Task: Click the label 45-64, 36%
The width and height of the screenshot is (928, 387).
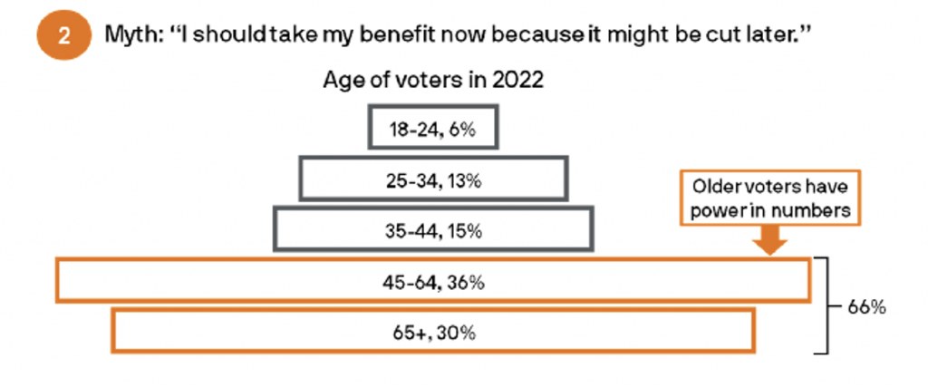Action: coord(432,282)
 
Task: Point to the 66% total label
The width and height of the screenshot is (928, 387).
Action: coord(866,307)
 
